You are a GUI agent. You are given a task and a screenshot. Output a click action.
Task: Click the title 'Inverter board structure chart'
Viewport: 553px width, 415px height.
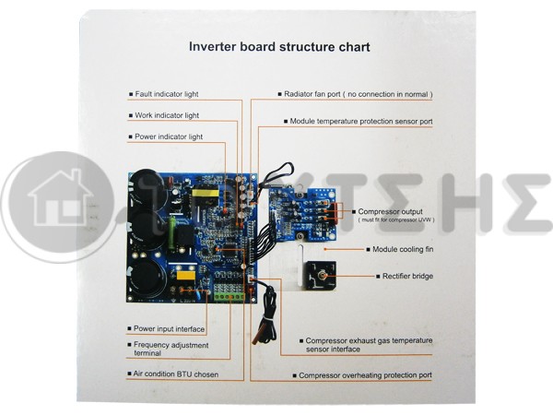[279, 47]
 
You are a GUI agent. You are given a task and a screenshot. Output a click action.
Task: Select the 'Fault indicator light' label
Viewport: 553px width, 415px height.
[167, 94]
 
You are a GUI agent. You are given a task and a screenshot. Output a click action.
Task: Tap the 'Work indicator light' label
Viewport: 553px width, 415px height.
[167, 115]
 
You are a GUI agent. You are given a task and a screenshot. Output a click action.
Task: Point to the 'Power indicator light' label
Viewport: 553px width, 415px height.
[169, 136]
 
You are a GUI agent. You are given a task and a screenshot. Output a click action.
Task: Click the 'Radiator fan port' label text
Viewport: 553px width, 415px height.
[312, 94]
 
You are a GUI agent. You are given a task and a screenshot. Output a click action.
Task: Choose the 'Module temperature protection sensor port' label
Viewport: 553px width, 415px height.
[361, 121]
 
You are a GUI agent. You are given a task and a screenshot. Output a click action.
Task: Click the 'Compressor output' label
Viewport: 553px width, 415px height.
[390, 211]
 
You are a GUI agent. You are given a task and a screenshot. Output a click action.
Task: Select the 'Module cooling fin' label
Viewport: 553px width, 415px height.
[403, 249]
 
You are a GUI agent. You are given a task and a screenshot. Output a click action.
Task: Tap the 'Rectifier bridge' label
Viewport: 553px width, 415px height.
[407, 276]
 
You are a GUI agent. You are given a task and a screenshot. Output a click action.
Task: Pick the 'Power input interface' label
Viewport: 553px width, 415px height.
[169, 329]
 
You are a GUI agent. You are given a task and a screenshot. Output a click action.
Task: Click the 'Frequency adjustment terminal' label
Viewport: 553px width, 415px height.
[171, 349]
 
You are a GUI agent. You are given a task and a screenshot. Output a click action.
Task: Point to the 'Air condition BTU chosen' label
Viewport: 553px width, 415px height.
[176, 374]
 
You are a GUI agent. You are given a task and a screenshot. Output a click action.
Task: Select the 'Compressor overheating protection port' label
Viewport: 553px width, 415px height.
[365, 375]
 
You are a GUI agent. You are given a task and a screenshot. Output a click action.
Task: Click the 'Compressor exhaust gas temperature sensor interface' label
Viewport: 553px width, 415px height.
[369, 345]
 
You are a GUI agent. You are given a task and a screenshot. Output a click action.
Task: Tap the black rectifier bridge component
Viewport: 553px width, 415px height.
[321, 276]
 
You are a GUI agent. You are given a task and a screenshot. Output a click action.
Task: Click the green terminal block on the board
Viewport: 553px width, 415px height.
[229, 297]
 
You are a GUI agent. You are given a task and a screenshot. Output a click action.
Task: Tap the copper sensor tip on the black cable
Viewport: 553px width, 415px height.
[255, 339]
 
